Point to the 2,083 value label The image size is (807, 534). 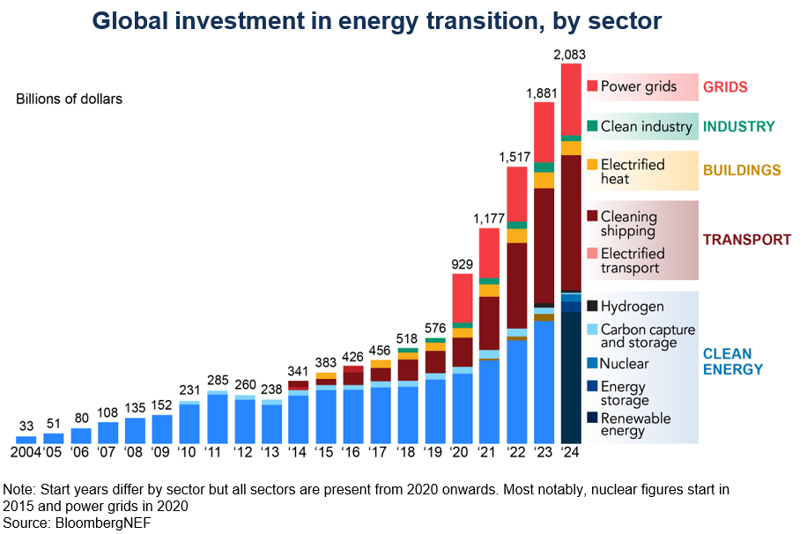click(x=570, y=55)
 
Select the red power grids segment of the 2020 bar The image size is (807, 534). click(x=463, y=298)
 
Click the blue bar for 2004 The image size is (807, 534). click(x=26, y=439)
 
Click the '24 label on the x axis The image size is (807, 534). click(x=571, y=454)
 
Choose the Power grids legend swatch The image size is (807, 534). click(x=592, y=86)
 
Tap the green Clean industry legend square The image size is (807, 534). click(x=592, y=126)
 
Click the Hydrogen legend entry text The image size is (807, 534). click(x=632, y=307)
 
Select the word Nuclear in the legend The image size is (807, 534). click(x=624, y=363)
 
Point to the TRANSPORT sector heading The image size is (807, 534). click(x=746, y=240)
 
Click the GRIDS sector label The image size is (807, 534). click(x=724, y=87)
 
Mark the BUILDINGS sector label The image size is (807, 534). click(x=741, y=170)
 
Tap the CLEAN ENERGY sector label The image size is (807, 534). click(x=732, y=361)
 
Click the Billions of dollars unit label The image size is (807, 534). click(x=69, y=99)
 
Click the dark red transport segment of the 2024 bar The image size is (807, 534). click(x=571, y=220)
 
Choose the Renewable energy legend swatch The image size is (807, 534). click(x=592, y=419)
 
